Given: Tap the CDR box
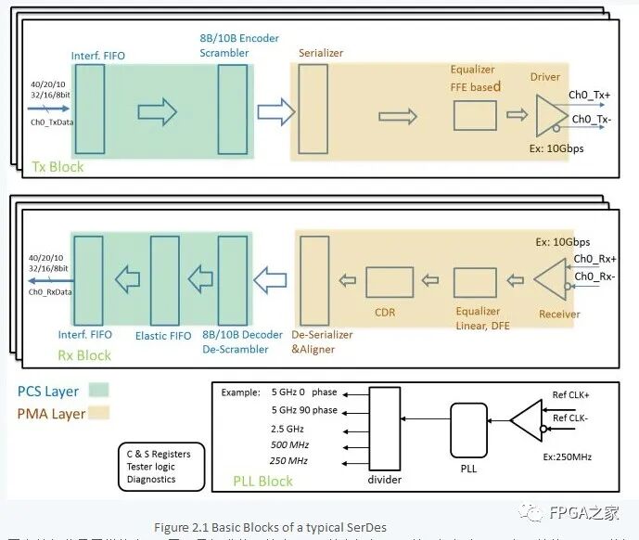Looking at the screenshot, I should click(389, 282).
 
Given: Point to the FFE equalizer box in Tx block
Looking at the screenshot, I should click(474, 115).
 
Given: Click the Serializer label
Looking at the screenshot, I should click(321, 53).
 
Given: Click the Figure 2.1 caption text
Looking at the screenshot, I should click(270, 527).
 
